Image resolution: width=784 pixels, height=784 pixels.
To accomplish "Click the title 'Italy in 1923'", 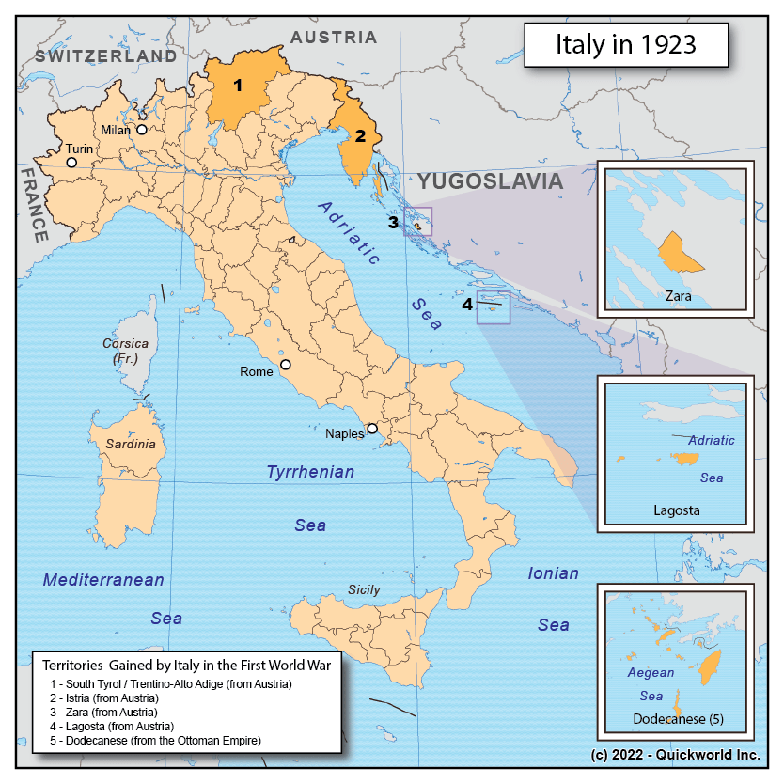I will point(625,45).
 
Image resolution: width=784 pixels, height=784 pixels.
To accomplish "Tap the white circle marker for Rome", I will point(286,365).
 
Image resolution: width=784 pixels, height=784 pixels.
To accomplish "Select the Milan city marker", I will point(142,131).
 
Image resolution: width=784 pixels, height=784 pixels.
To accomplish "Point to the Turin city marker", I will point(71,163).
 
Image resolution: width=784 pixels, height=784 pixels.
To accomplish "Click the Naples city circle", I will point(372,429).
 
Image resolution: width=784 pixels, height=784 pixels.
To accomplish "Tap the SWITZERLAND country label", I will point(105,56).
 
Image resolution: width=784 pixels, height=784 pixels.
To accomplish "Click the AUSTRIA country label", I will point(333,38).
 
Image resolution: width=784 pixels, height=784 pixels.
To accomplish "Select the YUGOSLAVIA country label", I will point(490,181).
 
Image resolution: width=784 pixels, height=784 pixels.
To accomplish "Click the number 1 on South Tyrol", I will point(238,86).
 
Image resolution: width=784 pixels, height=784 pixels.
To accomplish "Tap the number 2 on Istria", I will point(359,135).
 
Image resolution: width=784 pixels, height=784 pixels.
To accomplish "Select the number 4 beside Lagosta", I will point(467,304).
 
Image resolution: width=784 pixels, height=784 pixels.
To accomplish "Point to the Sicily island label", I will point(364,589).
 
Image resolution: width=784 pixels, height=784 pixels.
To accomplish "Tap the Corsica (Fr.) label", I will point(125,351).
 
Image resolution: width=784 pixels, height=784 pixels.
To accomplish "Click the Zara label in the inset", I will point(677,295).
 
